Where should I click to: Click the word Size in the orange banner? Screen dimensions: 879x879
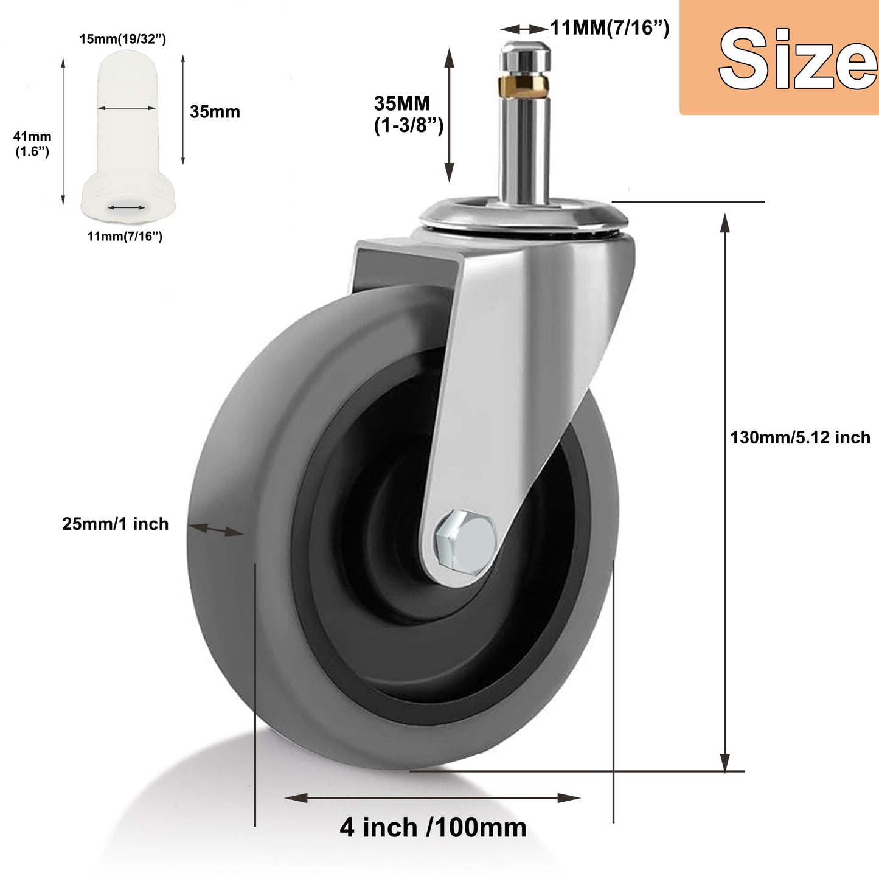797,60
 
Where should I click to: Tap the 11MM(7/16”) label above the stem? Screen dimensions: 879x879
610,28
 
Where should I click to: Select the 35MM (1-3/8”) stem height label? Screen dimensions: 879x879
407,114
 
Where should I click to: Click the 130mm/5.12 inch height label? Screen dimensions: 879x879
800,437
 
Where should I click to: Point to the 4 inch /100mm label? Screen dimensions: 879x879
433,828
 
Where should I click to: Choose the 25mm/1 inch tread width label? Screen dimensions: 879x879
116,524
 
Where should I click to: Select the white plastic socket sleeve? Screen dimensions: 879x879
128,134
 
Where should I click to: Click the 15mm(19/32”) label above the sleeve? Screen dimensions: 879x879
123,40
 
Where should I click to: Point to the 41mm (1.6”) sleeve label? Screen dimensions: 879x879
32,144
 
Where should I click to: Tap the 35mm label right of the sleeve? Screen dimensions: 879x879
215,112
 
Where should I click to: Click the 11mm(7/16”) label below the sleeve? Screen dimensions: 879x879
125,236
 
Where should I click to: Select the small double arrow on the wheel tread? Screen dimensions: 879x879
216,529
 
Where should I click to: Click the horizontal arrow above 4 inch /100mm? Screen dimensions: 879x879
432,797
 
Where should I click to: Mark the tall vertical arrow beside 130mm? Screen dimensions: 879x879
724,493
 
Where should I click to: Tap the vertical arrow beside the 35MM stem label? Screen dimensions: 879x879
449,115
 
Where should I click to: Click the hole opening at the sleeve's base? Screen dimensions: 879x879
127,207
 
